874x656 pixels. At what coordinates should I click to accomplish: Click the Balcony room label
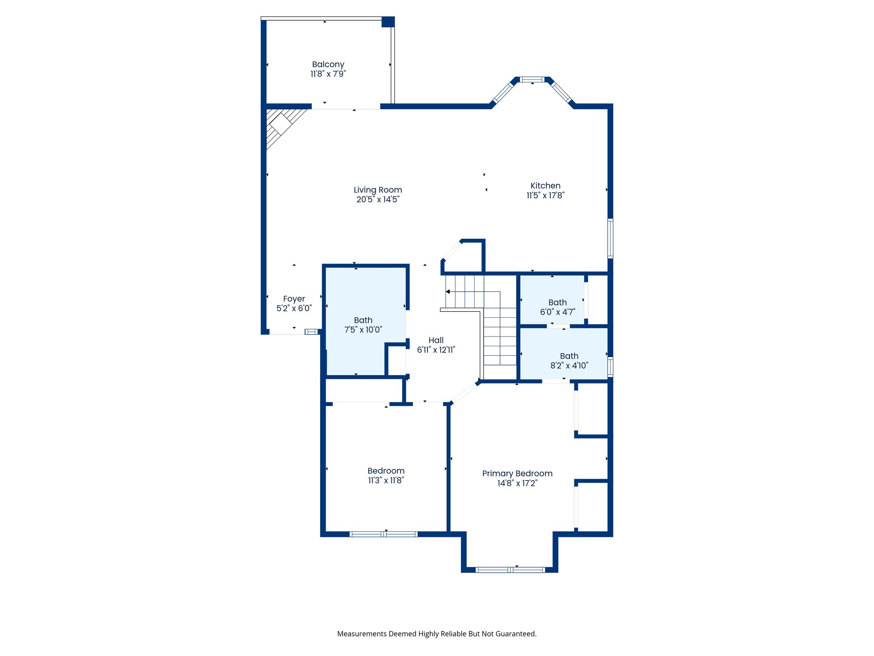(328, 64)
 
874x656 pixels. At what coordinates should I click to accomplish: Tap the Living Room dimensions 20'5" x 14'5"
(378, 199)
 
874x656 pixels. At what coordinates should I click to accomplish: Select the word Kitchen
(545, 186)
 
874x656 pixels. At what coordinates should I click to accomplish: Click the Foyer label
(294, 299)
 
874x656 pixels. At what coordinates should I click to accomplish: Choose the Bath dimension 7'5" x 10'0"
(363, 330)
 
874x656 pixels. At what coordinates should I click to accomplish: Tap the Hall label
(436, 340)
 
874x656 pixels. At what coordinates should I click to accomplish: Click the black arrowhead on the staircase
(448, 292)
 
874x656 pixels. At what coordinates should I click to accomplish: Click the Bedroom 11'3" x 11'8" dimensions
(386, 480)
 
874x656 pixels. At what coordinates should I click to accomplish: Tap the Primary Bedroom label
(517, 474)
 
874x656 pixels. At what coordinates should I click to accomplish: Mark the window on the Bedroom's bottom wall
(383, 534)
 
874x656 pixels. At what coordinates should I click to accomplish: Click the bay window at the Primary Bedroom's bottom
(510, 570)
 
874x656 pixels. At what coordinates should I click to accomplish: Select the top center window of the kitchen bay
(532, 79)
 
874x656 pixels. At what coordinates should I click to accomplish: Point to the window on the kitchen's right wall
(610, 238)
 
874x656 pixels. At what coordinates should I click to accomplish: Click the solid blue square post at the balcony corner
(388, 22)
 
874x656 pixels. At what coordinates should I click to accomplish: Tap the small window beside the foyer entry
(311, 332)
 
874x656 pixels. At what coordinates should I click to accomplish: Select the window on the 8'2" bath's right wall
(610, 366)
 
